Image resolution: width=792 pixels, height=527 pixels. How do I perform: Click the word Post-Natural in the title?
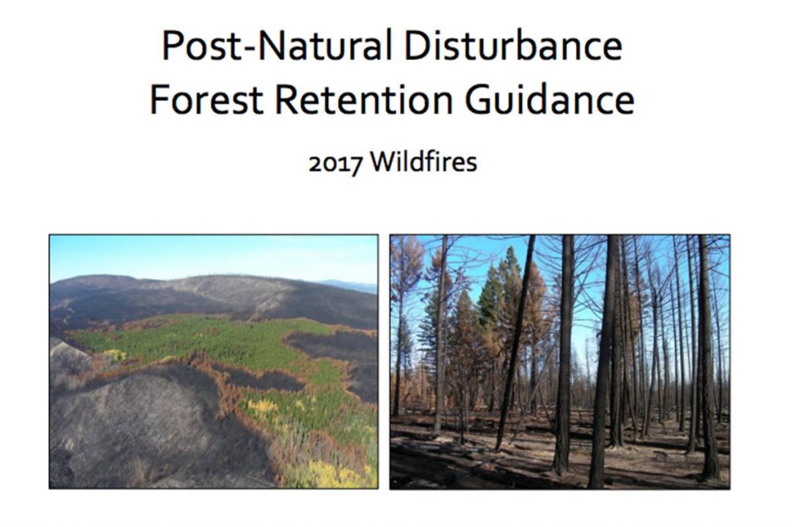[277, 46]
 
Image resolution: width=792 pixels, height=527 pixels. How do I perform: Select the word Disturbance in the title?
[514, 45]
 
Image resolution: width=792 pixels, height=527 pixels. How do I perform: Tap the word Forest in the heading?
[207, 99]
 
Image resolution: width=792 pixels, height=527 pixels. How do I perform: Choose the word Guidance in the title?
[550, 99]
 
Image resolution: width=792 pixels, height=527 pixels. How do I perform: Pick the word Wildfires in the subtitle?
[423, 162]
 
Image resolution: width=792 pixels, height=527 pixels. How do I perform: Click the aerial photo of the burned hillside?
[213, 362]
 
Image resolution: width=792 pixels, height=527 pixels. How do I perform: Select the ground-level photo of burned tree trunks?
[560, 362]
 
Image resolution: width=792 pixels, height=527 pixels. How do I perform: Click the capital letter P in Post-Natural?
[172, 46]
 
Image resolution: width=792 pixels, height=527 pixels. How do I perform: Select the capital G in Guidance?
[478, 100]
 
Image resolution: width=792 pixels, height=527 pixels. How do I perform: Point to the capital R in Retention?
[287, 100]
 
